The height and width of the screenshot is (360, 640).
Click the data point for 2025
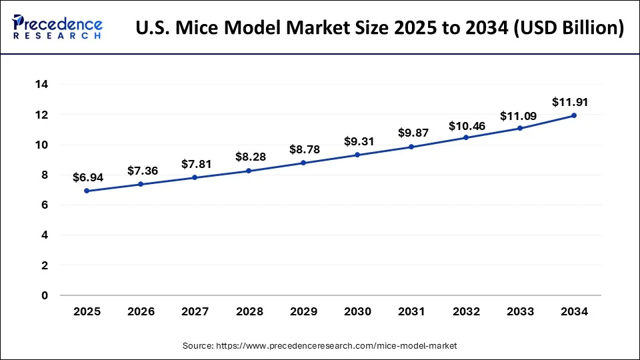click(87, 191)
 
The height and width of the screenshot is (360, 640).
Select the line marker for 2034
click(574, 115)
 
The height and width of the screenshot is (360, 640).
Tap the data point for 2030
click(357, 155)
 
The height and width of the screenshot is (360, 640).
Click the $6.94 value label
click(87, 177)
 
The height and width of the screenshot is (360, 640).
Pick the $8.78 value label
click(303, 149)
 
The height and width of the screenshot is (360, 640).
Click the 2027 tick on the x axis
click(195, 311)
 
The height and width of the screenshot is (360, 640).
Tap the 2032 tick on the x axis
click(465, 311)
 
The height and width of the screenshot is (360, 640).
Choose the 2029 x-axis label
click(303, 311)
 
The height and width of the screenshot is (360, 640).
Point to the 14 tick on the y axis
click(42, 85)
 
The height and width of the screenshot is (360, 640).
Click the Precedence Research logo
click(57, 27)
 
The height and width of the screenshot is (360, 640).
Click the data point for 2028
click(249, 171)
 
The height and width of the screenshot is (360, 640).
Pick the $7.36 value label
click(141, 171)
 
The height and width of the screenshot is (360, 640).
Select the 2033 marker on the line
click(520, 128)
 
